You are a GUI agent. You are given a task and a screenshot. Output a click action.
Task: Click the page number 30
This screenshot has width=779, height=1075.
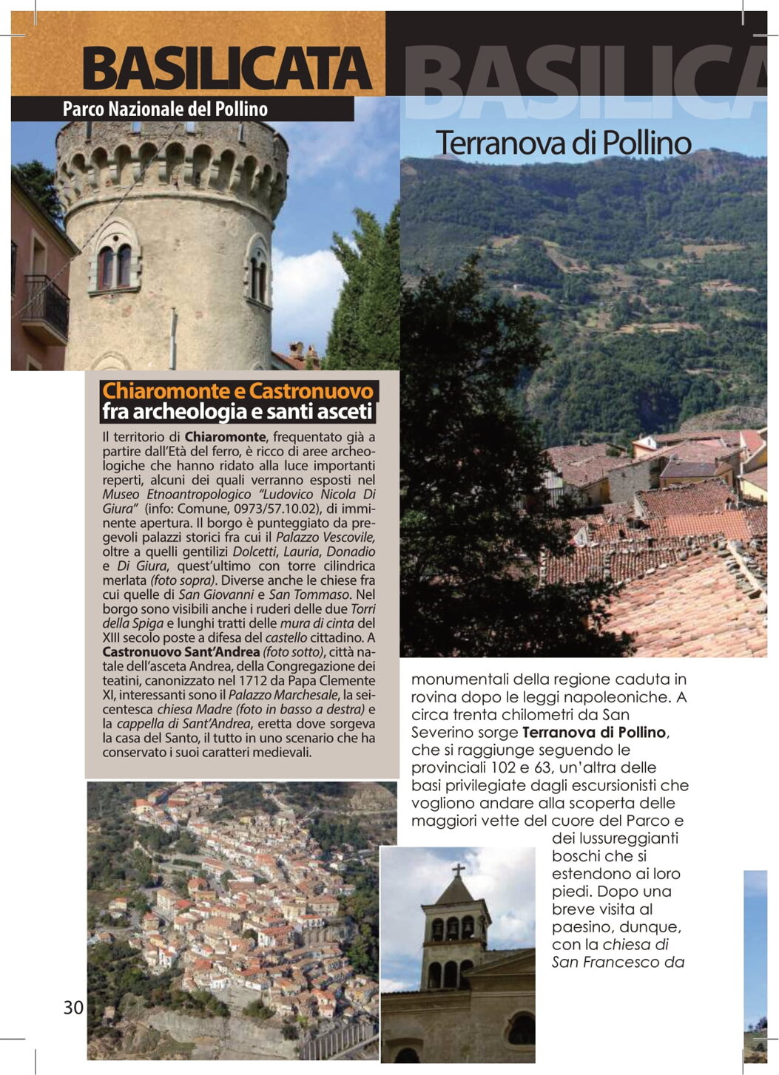pos(73,1007)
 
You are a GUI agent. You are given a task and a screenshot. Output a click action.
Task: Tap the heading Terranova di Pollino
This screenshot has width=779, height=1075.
pos(563,143)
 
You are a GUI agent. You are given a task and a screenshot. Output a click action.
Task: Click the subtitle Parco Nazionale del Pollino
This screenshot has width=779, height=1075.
pos(165,109)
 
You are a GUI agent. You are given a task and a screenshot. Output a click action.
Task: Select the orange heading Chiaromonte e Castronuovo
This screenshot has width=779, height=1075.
pos(238,390)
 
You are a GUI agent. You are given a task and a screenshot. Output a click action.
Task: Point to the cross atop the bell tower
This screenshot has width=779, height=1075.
pos(458,869)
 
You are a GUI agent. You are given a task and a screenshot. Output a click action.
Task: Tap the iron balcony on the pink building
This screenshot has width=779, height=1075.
pos(46,304)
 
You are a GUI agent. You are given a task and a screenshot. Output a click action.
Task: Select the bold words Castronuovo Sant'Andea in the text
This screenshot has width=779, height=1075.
pos(181,652)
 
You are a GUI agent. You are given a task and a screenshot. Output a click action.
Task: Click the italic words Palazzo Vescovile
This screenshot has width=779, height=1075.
pos(325,537)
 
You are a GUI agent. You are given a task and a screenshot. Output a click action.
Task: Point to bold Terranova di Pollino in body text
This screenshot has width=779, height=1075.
pos(594,733)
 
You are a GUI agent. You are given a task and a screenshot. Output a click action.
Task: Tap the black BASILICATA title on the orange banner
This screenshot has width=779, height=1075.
pos(226,69)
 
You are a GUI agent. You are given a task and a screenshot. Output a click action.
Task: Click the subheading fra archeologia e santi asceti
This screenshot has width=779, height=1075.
pos(237,412)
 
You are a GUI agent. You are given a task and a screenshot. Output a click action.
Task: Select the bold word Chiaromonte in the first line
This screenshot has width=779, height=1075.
pos(225,437)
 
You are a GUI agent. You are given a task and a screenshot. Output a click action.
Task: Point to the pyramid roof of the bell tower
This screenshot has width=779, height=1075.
pos(456,890)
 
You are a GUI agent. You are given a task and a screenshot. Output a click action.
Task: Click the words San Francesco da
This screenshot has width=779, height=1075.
pos(618,962)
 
